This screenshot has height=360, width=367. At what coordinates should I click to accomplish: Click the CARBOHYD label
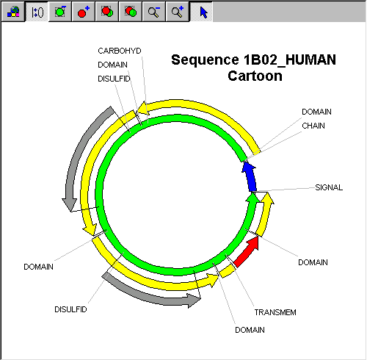[120, 51]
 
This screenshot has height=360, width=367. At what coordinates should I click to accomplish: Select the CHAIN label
[313, 126]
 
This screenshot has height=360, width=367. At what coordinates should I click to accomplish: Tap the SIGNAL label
[329, 187]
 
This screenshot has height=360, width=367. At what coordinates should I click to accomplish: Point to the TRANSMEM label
[275, 312]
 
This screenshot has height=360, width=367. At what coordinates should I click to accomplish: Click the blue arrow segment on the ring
[250, 177]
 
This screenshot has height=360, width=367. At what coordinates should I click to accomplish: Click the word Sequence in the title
[205, 60]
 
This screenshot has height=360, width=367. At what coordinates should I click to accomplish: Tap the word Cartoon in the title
[255, 76]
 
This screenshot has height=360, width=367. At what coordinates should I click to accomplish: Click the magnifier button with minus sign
[154, 12]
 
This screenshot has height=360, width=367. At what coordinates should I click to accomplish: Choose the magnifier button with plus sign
[178, 12]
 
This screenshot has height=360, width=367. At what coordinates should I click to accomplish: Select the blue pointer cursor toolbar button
[201, 12]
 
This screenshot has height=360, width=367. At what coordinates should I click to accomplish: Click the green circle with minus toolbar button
[60, 12]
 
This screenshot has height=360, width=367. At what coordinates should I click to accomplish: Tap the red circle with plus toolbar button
[84, 12]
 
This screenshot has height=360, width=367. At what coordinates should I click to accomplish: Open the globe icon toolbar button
[13, 12]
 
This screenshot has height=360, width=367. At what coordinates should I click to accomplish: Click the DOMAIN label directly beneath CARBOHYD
[112, 65]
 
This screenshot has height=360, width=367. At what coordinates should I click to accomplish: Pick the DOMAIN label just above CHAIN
[316, 112]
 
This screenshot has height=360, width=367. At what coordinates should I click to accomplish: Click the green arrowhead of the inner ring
[252, 198]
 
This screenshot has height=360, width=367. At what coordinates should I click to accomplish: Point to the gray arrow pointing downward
[81, 156]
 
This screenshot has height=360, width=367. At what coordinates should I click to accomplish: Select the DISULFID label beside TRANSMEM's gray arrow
[70, 309]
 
